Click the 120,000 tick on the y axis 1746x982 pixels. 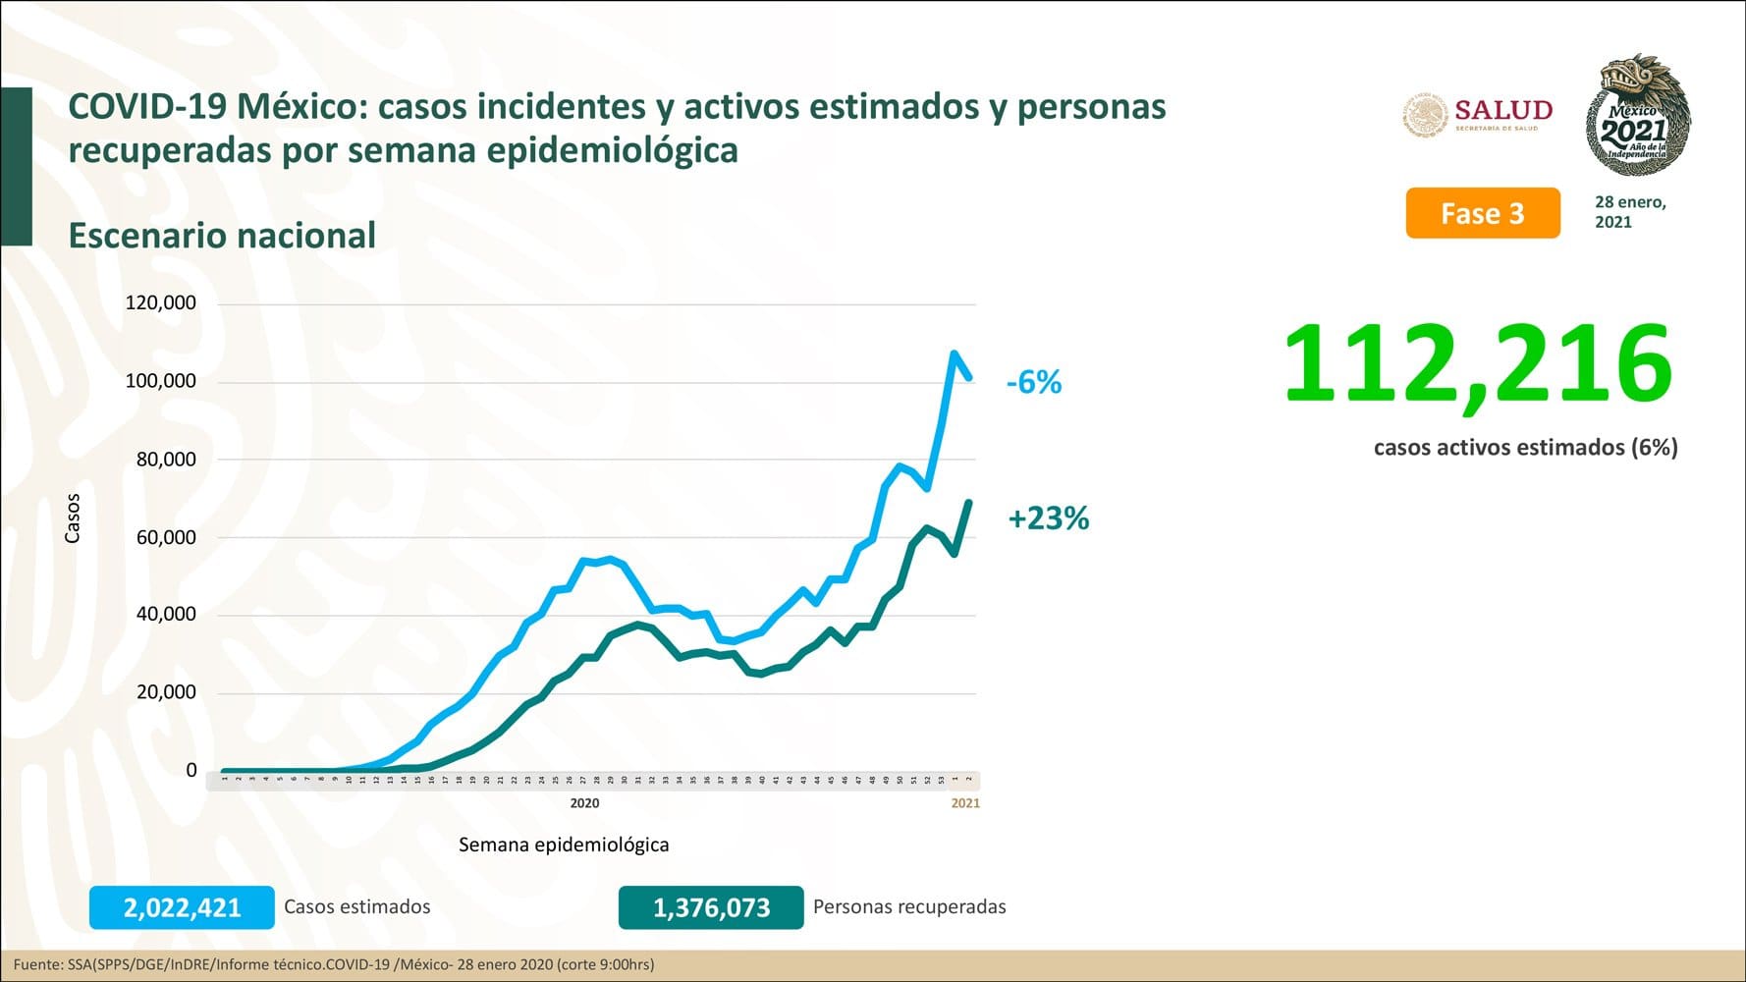pyautogui.click(x=160, y=303)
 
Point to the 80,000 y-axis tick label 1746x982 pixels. pyautogui.click(x=166, y=460)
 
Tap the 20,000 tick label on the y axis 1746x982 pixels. pyautogui.click(x=166, y=692)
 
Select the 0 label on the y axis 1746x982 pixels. pyautogui.click(x=191, y=771)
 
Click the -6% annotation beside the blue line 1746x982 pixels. pyautogui.click(x=1034, y=382)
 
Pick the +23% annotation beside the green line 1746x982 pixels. pyautogui.click(x=1049, y=518)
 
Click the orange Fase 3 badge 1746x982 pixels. pyautogui.click(x=1482, y=213)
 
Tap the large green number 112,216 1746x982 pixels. pyautogui.click(x=1477, y=365)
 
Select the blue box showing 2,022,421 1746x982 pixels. pyautogui.click(x=182, y=907)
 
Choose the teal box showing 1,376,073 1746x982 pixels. pyautogui.click(x=711, y=907)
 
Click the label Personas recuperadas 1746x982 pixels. pyautogui.click(x=909, y=907)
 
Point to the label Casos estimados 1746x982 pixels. pyautogui.click(x=357, y=907)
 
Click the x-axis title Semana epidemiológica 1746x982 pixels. pyautogui.click(x=564, y=845)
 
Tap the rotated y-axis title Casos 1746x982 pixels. pyautogui.click(x=73, y=518)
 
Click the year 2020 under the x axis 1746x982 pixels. pyautogui.click(x=584, y=803)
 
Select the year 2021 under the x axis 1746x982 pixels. pyautogui.click(x=965, y=803)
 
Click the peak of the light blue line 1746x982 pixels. pyautogui.click(x=955, y=354)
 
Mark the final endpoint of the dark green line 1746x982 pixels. pyautogui.click(x=970, y=503)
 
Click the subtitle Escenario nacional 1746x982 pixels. pyautogui.click(x=222, y=236)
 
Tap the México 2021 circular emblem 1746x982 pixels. pyautogui.click(x=1638, y=116)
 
